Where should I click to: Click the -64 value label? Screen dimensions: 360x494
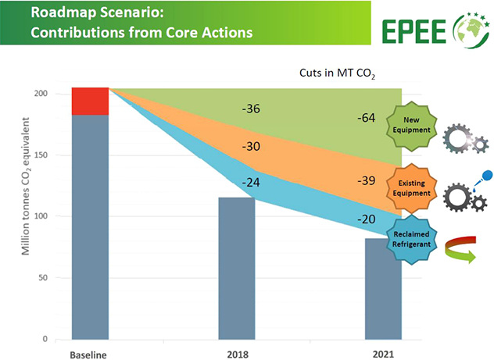pos(367,119)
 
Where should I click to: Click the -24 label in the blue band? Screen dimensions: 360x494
pos(251,182)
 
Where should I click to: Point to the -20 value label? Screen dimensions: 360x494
pos(367,219)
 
